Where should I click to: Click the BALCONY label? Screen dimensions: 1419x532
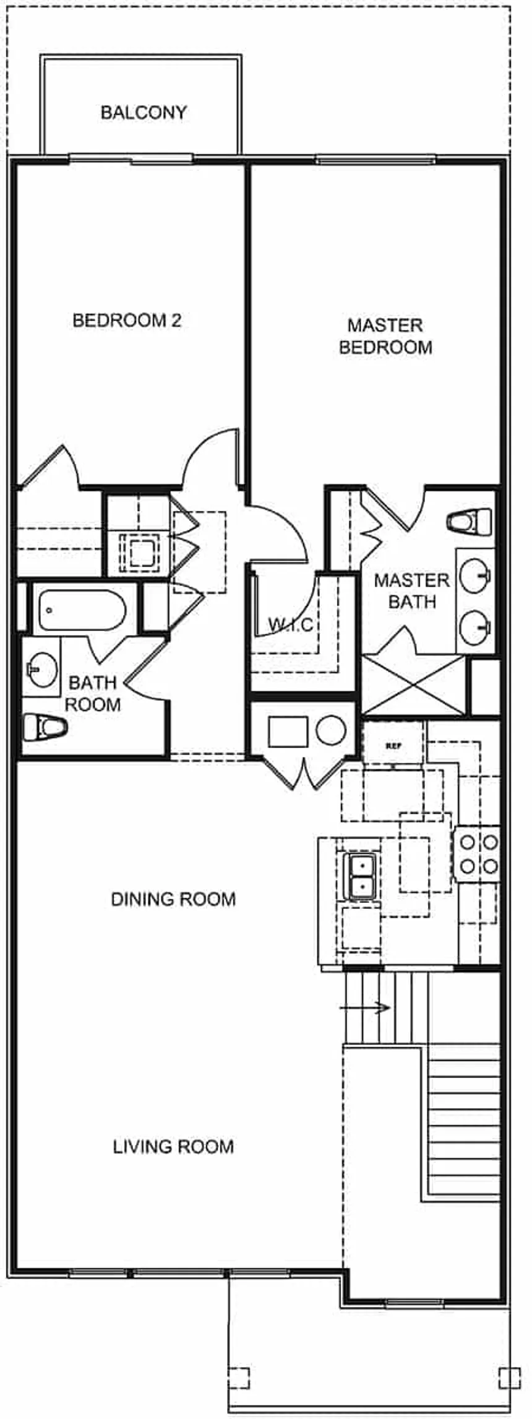pyautogui.click(x=144, y=113)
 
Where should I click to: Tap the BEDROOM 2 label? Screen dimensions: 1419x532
pyautogui.click(x=127, y=321)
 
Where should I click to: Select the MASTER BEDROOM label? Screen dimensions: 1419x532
pyautogui.click(x=385, y=336)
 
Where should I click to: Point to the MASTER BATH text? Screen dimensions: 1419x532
pyautogui.click(x=411, y=591)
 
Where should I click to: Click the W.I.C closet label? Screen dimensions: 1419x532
pyautogui.click(x=290, y=625)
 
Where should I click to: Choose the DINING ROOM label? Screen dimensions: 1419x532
pyautogui.click(x=173, y=899)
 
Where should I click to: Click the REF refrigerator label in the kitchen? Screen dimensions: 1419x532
pyautogui.click(x=393, y=746)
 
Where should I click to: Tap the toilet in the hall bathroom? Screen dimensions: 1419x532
pyautogui.click(x=45, y=727)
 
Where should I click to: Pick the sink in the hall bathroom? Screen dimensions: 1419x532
pyautogui.click(x=42, y=669)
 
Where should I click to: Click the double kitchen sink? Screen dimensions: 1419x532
pyautogui.click(x=359, y=876)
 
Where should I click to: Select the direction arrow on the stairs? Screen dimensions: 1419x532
pyautogui.click(x=365, y=1007)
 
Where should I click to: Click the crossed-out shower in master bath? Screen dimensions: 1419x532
pyautogui.click(x=413, y=685)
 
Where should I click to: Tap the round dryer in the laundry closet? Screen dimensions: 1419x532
pyautogui.click(x=331, y=730)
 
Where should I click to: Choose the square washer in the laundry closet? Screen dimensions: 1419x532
pyautogui.click(x=288, y=731)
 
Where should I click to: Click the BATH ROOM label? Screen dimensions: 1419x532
pyautogui.click(x=93, y=693)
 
